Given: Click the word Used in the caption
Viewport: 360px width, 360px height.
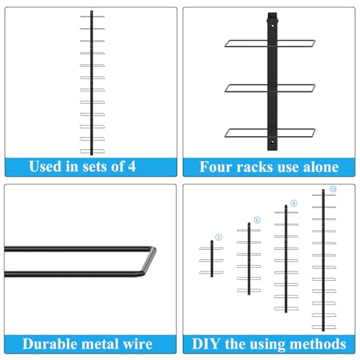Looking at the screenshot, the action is point(45,166).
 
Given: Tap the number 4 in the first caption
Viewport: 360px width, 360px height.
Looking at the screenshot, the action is point(132,166).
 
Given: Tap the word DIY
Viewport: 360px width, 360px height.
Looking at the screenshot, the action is point(206,344).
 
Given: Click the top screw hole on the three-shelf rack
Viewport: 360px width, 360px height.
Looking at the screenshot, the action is point(272,25).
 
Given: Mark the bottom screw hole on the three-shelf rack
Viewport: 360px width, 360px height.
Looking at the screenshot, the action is point(272,142).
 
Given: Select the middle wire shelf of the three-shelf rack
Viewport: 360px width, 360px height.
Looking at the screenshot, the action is point(270,88).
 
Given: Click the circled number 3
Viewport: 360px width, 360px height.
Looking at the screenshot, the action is point(218,238).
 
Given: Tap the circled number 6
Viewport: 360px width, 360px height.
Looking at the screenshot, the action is point(257,220).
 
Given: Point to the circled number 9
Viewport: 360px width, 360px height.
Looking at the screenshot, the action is point(294,203).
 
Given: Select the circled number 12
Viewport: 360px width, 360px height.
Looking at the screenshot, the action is point(333,189).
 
